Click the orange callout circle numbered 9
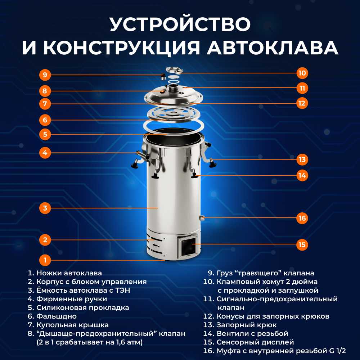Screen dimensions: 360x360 pyautogui.click(x=45, y=75)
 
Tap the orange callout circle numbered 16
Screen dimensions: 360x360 pyautogui.click(x=302, y=218)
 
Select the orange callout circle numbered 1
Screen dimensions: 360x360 pyautogui.click(x=45, y=260)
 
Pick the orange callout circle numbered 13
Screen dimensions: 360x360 pyautogui.click(x=302, y=159)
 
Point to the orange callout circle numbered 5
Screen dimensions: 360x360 pyautogui.click(x=45, y=134)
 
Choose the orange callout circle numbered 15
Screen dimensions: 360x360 pyautogui.click(x=302, y=244)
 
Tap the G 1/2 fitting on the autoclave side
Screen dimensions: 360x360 pyautogui.click(x=202, y=217)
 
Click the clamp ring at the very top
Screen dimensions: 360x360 pyautogui.click(x=174, y=70)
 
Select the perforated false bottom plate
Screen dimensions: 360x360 pyautogui.click(x=174, y=114)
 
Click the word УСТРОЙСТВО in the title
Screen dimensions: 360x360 pyautogui.click(x=180, y=24)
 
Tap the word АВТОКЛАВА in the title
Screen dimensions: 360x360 pyautogui.click(x=273, y=48)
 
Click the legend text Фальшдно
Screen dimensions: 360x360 pyautogui.click(x=57, y=316)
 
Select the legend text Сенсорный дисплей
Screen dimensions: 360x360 pyautogui.click(x=255, y=342)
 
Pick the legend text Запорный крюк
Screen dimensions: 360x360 pyautogui.click(x=247, y=325)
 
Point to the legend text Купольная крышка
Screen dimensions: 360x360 pyautogui.click(x=73, y=325)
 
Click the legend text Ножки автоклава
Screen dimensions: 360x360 pyautogui.click(x=69, y=273)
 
